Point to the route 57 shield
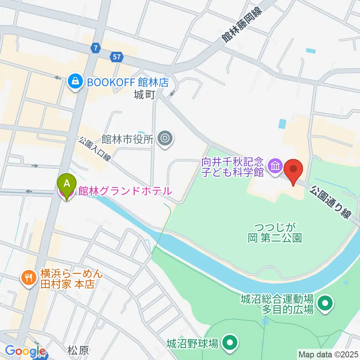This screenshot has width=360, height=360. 116,57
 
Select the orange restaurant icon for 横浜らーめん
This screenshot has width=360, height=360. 28,278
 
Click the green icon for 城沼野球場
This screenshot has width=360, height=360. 229,342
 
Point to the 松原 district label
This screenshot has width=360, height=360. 78,351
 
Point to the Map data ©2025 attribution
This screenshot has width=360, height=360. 328,354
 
